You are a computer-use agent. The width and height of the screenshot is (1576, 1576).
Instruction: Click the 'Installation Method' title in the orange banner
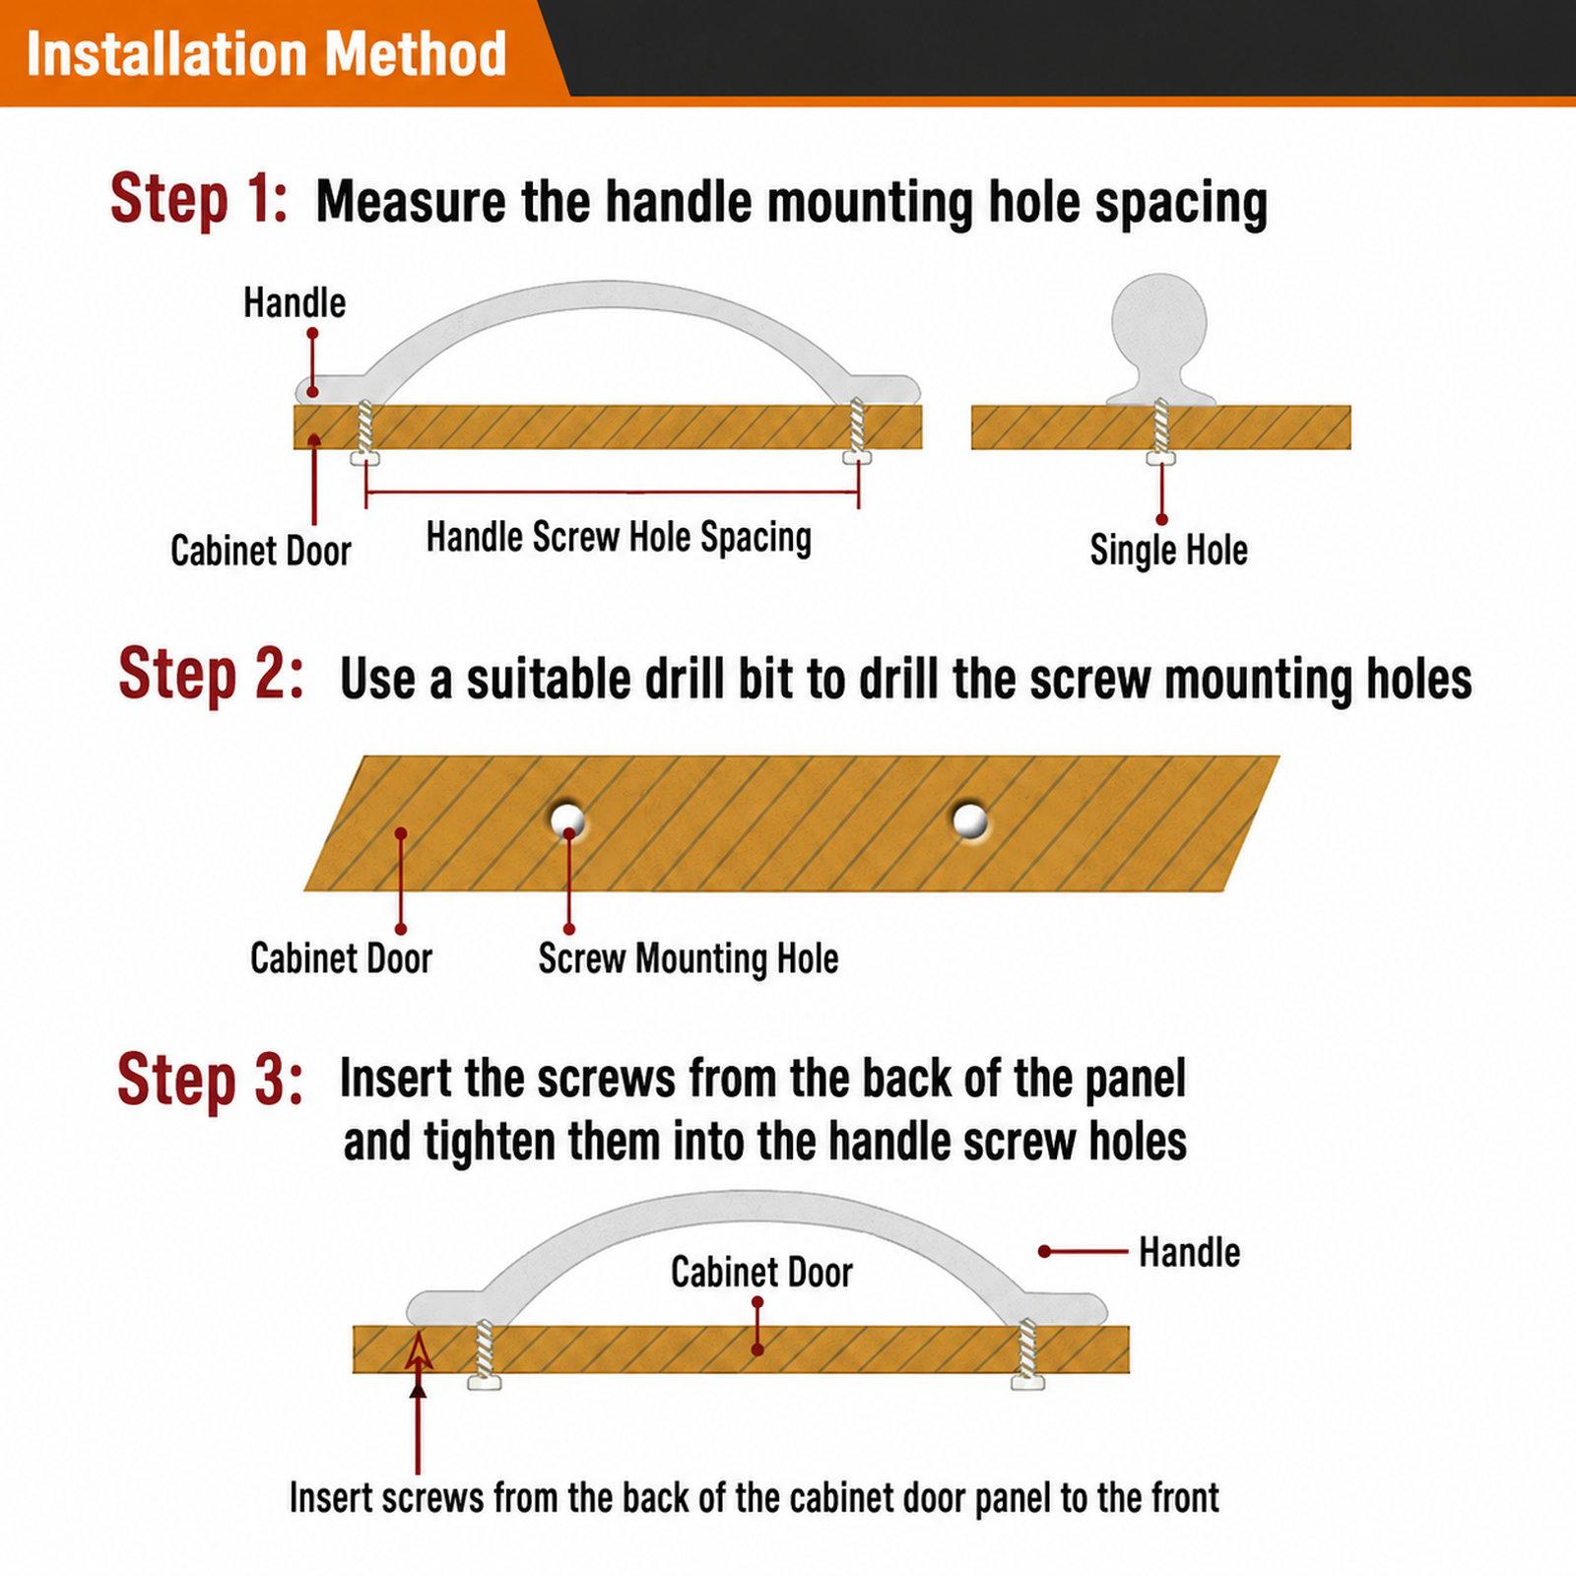click(266, 53)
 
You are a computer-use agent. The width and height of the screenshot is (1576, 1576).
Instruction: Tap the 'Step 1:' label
click(199, 199)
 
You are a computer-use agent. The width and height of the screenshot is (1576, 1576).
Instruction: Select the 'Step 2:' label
click(211, 676)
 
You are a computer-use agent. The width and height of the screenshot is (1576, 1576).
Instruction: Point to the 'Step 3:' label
click(210, 1080)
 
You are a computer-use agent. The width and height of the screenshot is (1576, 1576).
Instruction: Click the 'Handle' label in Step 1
click(295, 302)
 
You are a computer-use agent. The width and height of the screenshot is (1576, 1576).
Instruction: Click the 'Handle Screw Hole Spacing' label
click(619, 538)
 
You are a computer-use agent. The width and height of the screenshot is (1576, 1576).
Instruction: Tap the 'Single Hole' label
click(1168, 550)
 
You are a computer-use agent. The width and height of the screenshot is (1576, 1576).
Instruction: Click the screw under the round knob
click(1161, 431)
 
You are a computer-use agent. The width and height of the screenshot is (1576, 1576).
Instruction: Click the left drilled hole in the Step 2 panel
click(567, 819)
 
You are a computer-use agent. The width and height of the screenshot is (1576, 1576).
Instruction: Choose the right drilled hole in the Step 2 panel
click(970, 820)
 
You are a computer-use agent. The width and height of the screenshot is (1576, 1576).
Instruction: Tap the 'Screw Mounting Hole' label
click(689, 958)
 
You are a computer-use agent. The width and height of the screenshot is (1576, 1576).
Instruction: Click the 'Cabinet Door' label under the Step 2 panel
click(341, 958)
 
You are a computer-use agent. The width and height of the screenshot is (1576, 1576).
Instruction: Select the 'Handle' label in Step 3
click(1189, 1253)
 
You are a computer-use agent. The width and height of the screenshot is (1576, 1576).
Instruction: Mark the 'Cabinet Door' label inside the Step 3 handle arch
click(761, 1273)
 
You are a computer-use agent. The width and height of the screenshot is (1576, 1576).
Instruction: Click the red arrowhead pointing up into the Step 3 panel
click(419, 1350)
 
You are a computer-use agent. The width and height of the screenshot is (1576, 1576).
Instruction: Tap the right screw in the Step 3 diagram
click(1027, 1354)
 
